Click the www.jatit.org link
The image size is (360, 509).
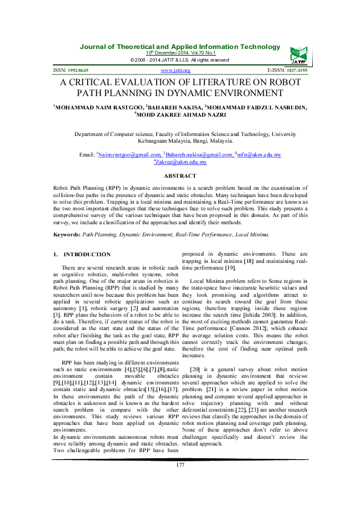(x=175, y=71)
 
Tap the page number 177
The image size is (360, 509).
(x=180, y=481)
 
